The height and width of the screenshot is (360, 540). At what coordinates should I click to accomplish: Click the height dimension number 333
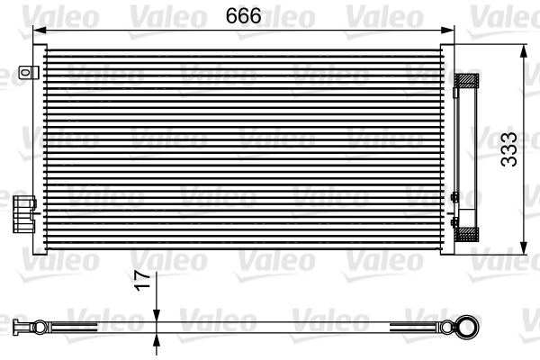(510, 150)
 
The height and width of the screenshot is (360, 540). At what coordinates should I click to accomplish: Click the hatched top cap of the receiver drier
(468, 81)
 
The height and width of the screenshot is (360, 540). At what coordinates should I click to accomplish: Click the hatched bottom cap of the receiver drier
(468, 234)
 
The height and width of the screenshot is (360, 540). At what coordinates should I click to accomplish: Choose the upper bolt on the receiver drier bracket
(454, 196)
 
